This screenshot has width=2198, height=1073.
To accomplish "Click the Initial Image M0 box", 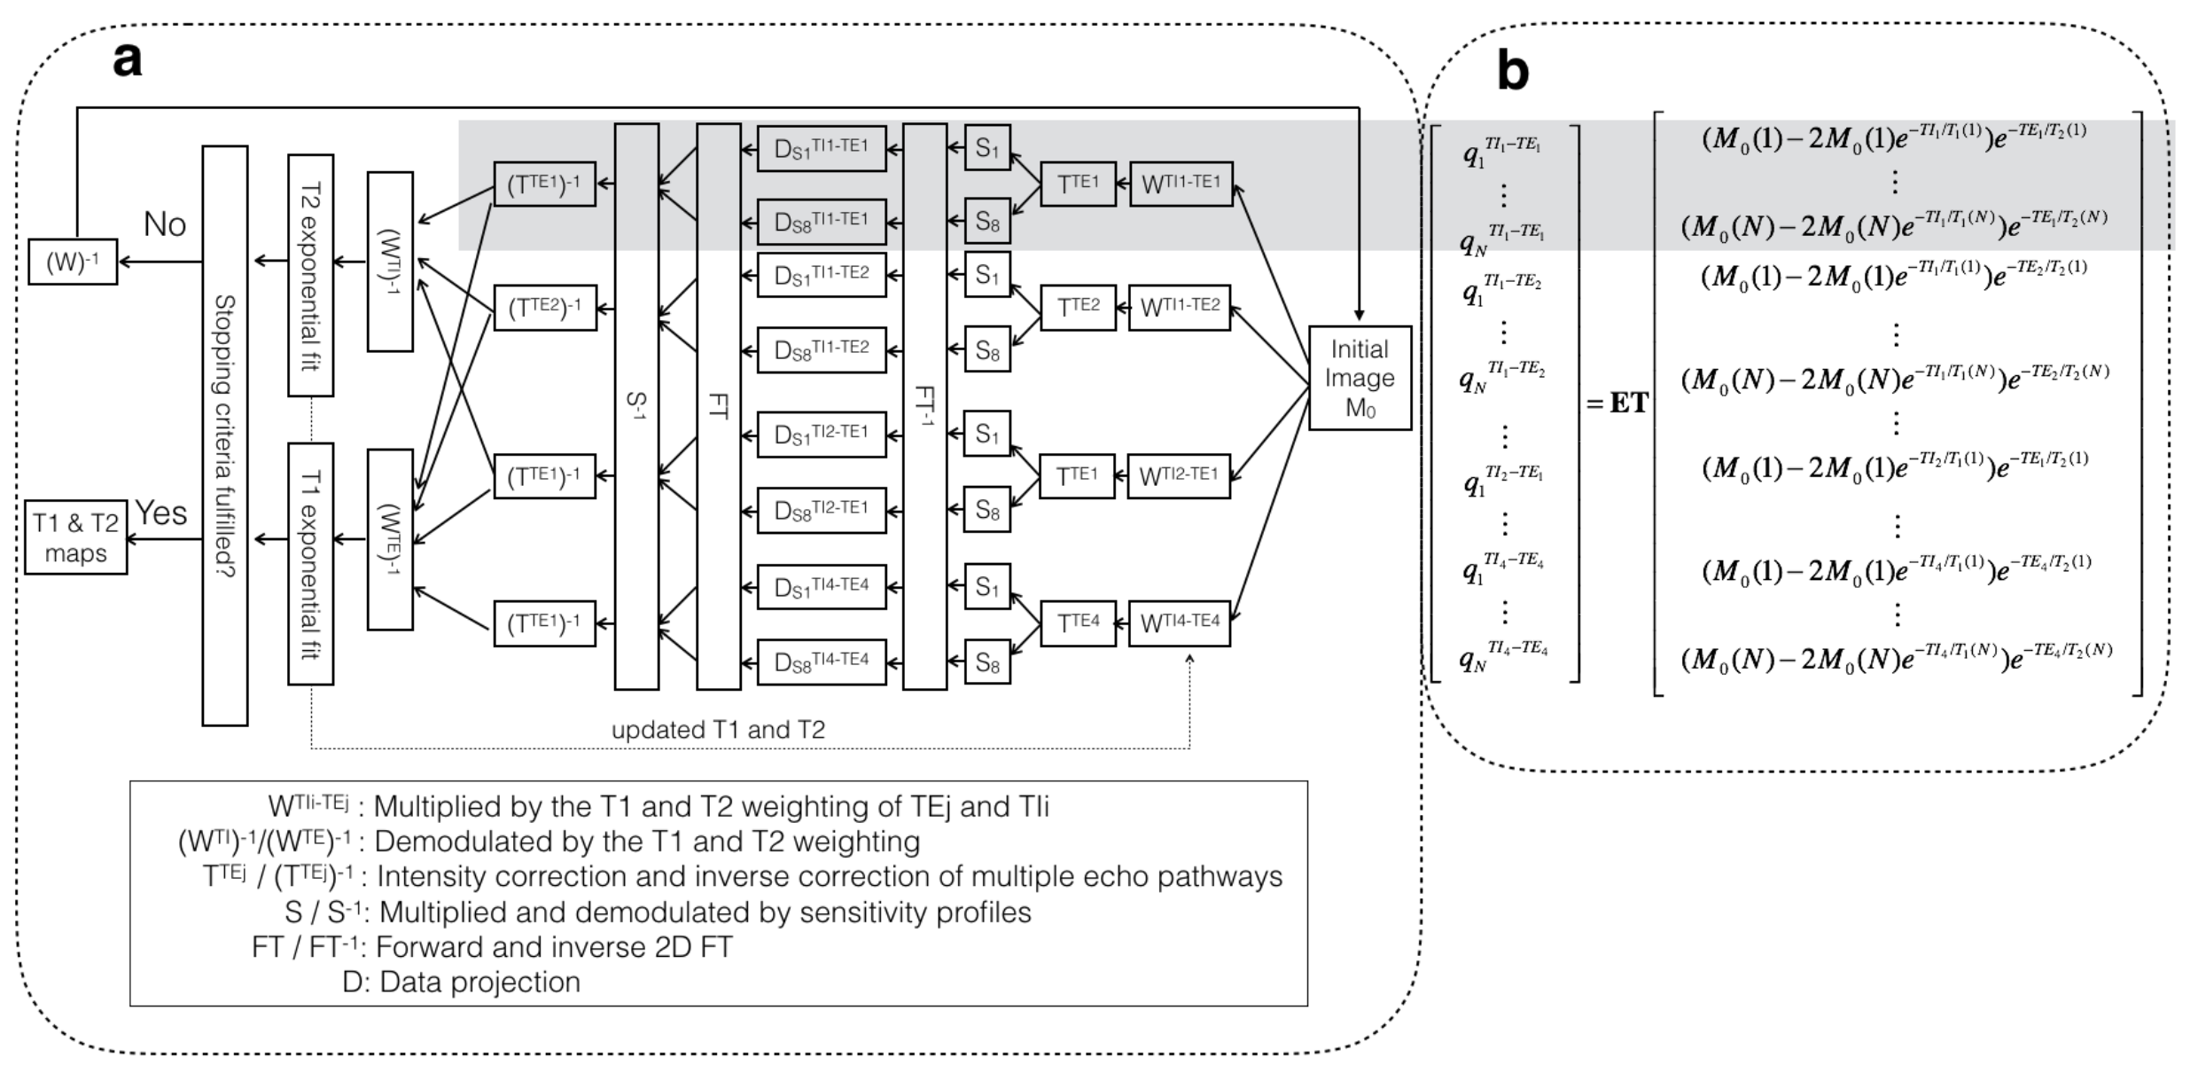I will [1360, 378].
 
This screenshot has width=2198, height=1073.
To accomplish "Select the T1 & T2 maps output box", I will [75, 537].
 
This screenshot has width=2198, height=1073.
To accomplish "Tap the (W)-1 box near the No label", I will [73, 262].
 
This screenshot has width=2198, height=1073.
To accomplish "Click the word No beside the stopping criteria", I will [165, 224].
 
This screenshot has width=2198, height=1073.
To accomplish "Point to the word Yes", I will [161, 513].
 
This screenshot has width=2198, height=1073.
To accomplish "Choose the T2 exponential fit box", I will [310, 275].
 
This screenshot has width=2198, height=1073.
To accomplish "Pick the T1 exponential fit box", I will [310, 564].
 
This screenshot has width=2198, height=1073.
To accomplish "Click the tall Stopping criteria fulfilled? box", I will [225, 435].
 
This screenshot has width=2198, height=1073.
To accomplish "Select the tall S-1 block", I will [636, 406].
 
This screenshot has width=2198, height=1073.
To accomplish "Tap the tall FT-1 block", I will [924, 406].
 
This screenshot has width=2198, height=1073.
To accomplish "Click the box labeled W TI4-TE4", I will [1179, 623].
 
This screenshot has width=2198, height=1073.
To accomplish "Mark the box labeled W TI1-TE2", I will [1179, 307].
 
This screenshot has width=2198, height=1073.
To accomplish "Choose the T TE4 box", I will [1078, 623].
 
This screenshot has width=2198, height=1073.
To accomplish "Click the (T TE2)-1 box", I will [544, 307].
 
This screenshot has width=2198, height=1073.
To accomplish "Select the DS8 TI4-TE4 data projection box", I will [822, 662].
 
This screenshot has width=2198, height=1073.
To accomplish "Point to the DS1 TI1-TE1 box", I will [822, 148].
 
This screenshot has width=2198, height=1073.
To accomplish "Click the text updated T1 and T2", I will [718, 730].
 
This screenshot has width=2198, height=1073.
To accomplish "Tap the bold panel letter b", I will [1513, 71].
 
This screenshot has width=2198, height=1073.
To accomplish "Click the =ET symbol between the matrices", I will [1617, 404].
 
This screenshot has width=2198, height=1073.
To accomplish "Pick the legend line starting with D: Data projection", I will [461, 982].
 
